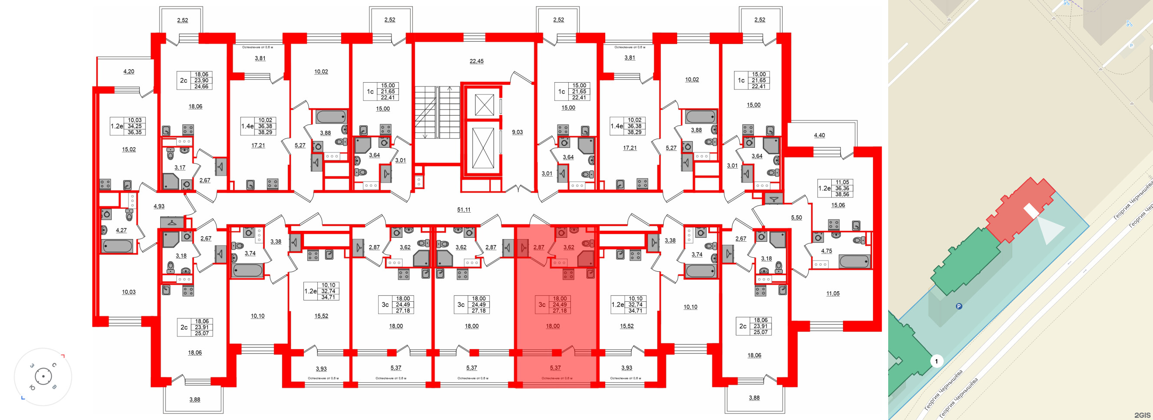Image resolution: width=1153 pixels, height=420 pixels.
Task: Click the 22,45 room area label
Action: coord(476,61)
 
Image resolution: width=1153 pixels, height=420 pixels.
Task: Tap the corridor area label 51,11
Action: coord(464,210)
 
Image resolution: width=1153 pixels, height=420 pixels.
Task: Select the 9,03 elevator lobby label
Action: coord(517,132)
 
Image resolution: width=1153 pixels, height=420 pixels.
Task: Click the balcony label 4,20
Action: coord(128,72)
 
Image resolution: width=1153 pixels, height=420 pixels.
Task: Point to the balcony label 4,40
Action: coord(819,135)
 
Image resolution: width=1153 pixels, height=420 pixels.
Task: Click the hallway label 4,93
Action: coord(159,207)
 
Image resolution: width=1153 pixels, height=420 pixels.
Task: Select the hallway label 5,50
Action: coord(796,218)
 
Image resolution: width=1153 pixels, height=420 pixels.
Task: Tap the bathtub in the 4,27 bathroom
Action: coord(117,246)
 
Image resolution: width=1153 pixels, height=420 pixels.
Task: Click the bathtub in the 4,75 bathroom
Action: coord(854,261)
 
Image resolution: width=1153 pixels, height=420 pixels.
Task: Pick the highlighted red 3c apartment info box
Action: coord(552,305)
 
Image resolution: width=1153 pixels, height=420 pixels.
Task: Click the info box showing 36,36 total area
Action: coord(835,189)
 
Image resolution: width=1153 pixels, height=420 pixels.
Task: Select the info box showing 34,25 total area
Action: coord(128,127)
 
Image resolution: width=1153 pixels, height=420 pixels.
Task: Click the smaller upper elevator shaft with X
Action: coord(484,105)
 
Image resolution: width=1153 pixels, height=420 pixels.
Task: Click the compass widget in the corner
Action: coord(43,377)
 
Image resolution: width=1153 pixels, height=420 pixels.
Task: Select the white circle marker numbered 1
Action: coord(936,361)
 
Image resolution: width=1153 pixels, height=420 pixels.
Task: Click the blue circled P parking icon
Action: coord(959,307)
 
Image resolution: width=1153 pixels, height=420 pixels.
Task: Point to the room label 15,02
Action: coord(129,150)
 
